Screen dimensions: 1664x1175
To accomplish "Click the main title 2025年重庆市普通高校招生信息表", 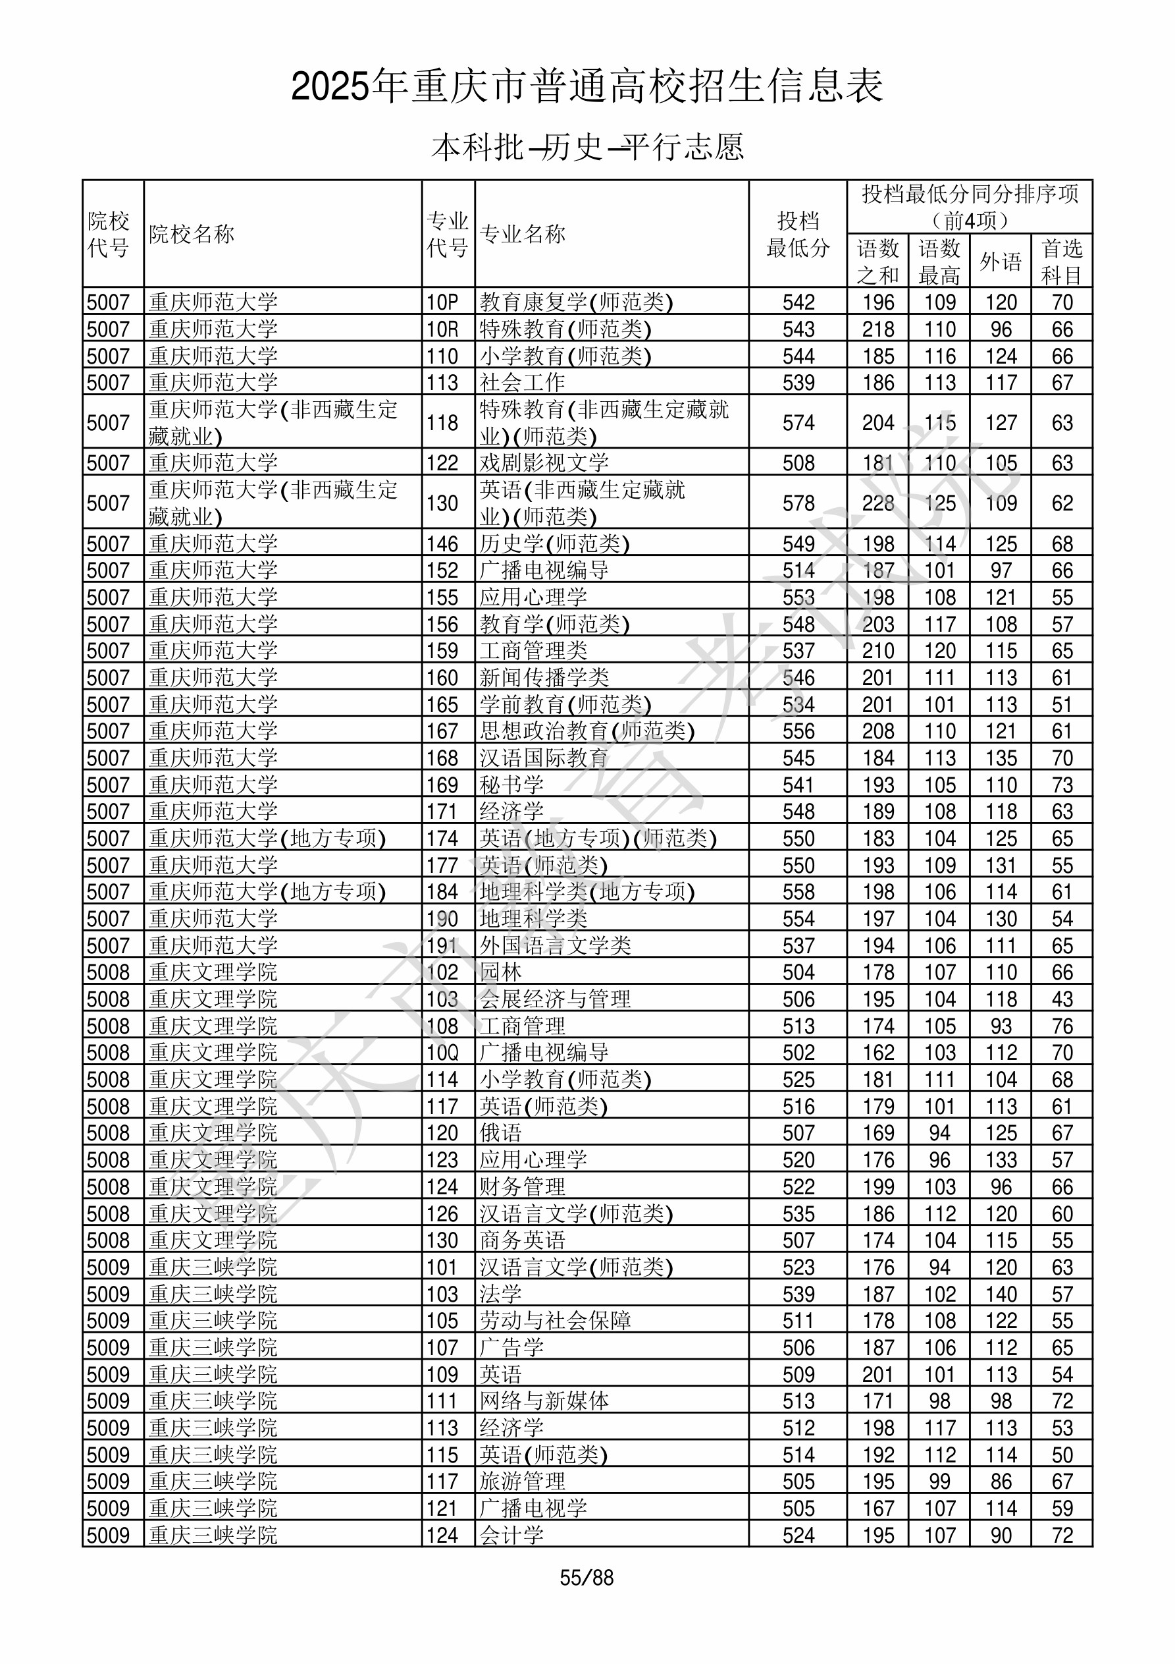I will click(587, 87).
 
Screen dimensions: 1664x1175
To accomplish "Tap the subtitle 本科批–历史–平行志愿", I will click(587, 147).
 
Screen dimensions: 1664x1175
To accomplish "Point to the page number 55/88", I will click(586, 1578).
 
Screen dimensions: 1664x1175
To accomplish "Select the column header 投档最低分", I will click(798, 234).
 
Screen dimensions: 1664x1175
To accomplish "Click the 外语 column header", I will click(1001, 261).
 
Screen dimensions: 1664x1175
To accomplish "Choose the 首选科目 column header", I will click(1061, 261).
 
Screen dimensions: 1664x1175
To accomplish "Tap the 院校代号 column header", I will click(109, 234).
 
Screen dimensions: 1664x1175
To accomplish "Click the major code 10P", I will click(442, 302).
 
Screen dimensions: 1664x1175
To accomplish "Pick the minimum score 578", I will click(798, 503).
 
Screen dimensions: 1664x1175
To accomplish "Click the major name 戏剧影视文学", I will click(543, 463).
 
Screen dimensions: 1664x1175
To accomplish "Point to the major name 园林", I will click(500, 972).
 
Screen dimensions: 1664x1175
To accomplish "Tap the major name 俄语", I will click(500, 1133).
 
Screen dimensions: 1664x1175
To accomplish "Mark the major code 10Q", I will click(442, 1052).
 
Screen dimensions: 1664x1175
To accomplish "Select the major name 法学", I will click(500, 1294).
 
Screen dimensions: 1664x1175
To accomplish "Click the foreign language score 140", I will click(1001, 1294).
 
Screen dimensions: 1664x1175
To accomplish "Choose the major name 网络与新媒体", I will click(543, 1401).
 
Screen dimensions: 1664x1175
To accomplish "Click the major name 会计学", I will click(511, 1535).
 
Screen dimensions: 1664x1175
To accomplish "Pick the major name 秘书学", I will click(511, 785).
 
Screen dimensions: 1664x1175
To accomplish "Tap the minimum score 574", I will click(798, 422).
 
